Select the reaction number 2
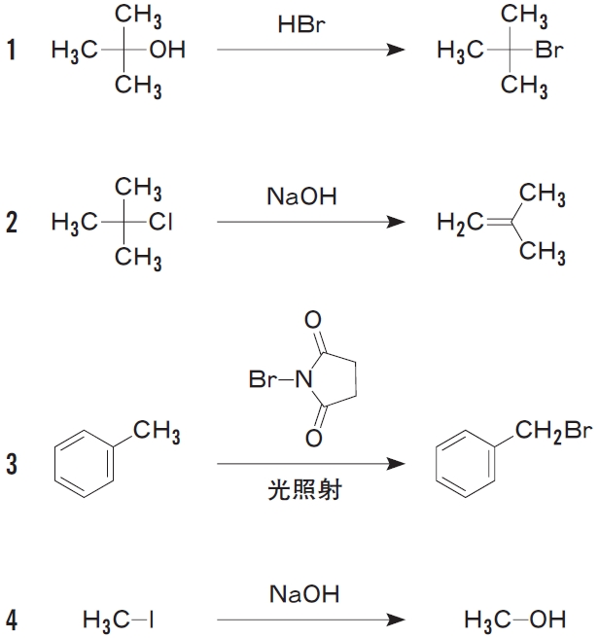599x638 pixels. (x=12, y=224)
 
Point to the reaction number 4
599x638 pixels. (x=12, y=618)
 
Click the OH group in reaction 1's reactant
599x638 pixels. (x=167, y=51)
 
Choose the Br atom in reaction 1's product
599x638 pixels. (x=549, y=51)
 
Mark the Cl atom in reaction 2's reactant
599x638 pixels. (x=161, y=224)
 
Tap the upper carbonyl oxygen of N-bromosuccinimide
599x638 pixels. (x=312, y=320)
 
